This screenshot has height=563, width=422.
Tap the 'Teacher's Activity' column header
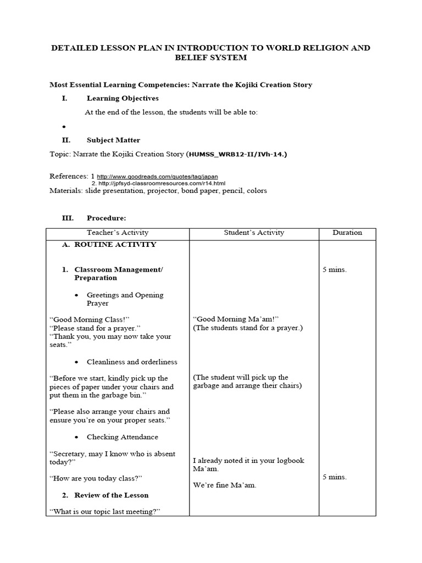point(118,233)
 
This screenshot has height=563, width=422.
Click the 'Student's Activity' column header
point(254,233)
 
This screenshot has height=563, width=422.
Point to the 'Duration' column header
point(347,233)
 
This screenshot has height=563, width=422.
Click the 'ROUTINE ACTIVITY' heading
point(115,245)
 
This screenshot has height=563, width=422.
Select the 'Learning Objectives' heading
point(123,98)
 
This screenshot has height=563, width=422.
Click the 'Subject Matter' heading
point(113,140)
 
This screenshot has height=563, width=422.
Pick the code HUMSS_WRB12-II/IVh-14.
point(237,154)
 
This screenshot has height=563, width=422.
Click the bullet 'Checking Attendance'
point(122,437)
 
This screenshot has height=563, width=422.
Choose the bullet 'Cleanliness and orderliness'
point(132,362)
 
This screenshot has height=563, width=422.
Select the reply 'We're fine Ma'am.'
point(225,485)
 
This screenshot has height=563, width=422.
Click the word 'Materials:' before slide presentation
point(66,191)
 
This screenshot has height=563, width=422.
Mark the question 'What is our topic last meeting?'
point(104,511)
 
